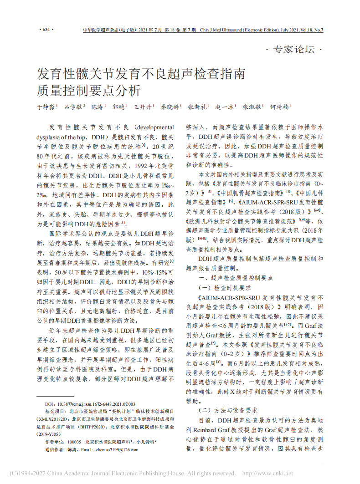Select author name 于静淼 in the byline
click(46, 107)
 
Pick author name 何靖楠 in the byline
click(279, 107)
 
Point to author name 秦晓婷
click(170, 107)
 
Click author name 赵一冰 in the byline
click(225, 107)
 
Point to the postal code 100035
click(74, 442)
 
